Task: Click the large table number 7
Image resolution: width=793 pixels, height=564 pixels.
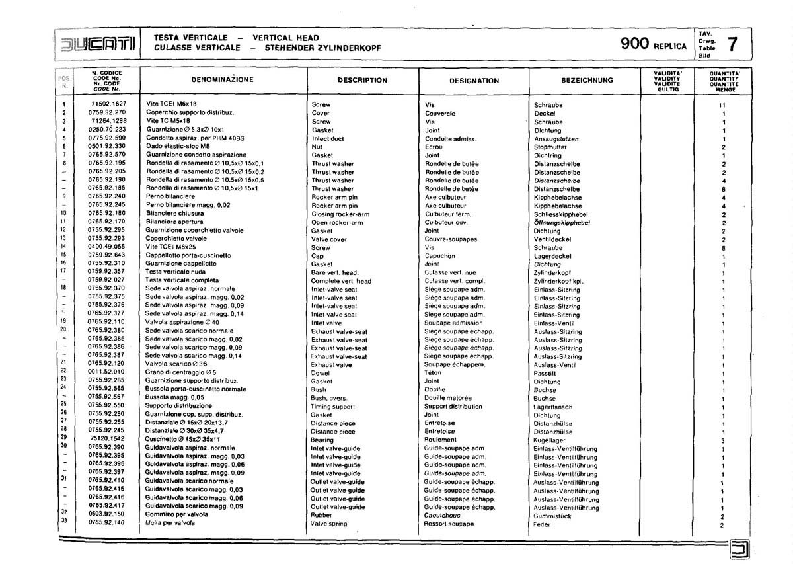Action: click(732, 44)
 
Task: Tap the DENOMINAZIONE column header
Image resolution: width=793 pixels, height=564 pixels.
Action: click(222, 80)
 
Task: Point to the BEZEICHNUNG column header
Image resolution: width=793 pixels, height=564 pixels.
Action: click(587, 81)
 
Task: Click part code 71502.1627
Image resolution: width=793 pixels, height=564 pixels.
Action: click(109, 104)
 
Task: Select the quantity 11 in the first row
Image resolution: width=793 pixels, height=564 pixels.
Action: click(722, 106)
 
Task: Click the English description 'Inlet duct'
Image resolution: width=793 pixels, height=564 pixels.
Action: click(328, 139)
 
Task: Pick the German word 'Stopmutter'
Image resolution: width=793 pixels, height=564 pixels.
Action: click(551, 147)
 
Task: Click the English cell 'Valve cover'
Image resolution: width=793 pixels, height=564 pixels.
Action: click(329, 239)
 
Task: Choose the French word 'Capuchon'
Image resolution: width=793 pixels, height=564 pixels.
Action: click(440, 256)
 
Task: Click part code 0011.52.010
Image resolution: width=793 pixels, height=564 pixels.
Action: click(106, 373)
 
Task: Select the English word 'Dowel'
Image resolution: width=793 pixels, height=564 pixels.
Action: click(321, 374)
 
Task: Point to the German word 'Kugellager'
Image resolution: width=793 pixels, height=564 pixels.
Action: click(549, 440)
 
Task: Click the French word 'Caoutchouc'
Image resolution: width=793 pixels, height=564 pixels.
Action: click(444, 515)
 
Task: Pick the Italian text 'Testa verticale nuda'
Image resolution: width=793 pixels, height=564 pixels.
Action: click(176, 272)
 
